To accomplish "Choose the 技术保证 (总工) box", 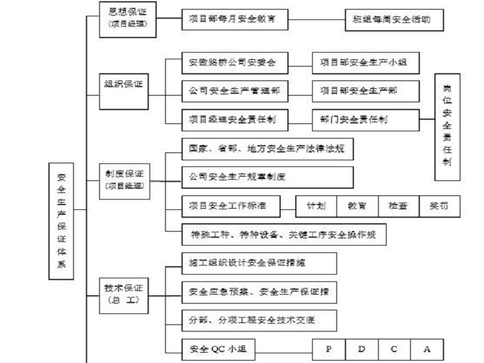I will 124,294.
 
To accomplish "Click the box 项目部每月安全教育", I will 236,19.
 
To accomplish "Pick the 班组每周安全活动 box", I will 395,19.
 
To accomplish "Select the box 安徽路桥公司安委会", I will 236,63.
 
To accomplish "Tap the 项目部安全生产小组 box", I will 365,63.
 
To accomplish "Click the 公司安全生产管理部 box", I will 236,91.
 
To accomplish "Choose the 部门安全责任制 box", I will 365,119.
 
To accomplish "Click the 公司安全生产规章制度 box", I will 267,177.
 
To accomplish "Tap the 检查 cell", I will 398,205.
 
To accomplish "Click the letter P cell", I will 328,349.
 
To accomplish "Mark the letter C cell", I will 393,349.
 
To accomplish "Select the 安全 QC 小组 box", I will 218,349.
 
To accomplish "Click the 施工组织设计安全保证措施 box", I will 259,263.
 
